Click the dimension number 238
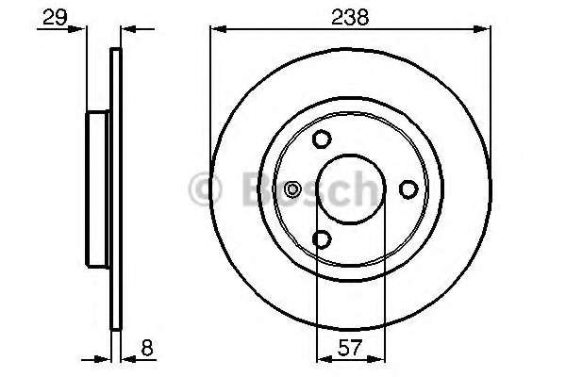pos(350,17)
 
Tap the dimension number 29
pos(55,17)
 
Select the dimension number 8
pos(147,348)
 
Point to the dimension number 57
pos(350,348)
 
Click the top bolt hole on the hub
pos(322,139)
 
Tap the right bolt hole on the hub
pos(408,189)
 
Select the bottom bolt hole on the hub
pos(322,239)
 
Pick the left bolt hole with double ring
pos(292,189)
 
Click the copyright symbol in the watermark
pos(205,189)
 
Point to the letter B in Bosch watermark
pos(257,188)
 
